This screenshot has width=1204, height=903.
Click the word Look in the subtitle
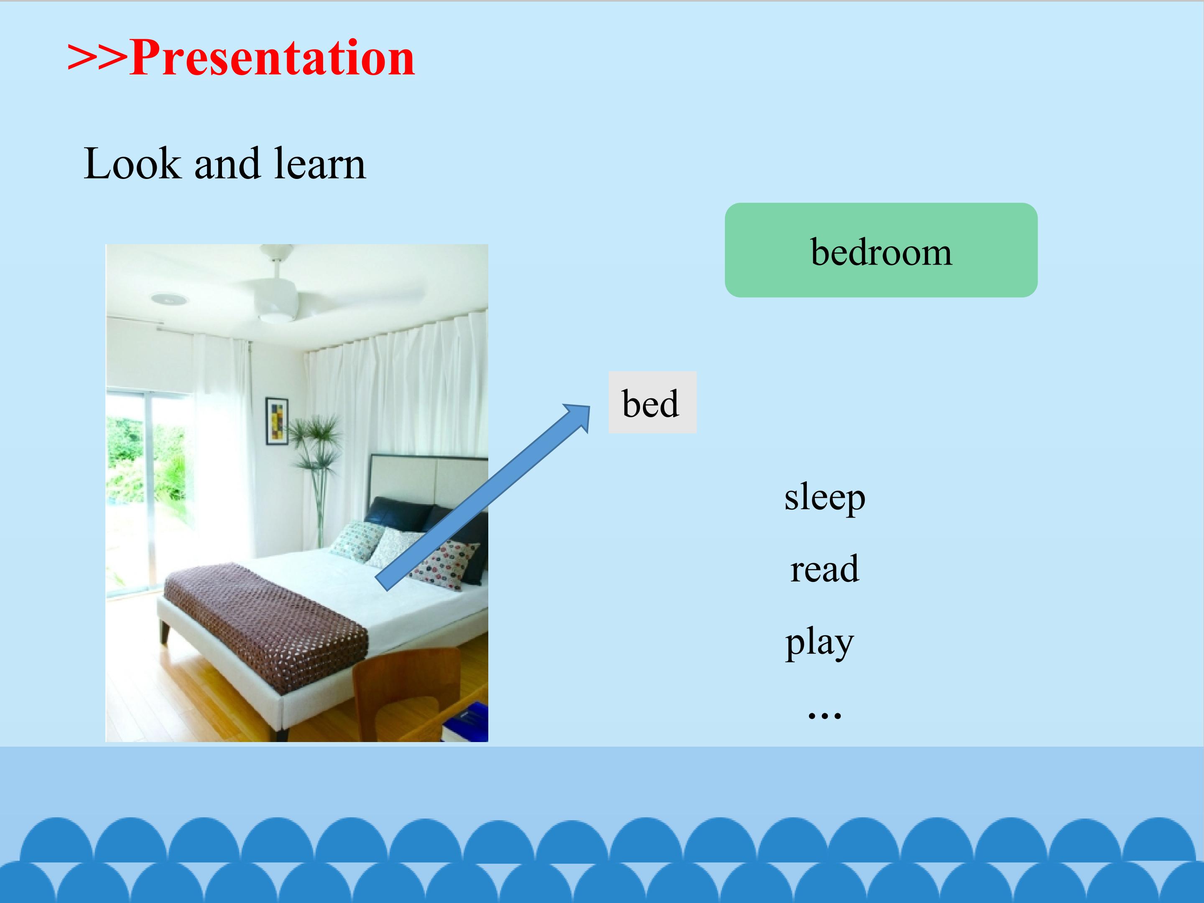(132, 163)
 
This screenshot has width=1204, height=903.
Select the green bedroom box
(881, 250)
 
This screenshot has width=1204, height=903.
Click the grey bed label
(652, 402)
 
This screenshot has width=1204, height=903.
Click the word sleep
(825, 497)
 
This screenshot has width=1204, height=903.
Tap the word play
(819, 642)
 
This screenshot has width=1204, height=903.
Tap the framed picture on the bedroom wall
(276, 421)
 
